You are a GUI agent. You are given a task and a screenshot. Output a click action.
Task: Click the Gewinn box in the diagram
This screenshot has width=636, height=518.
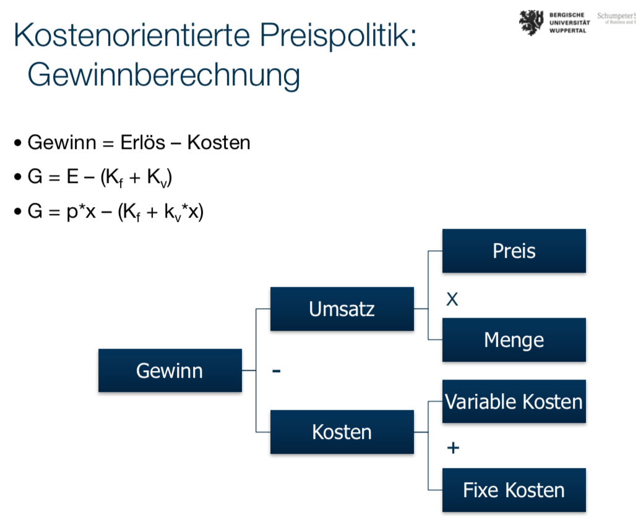170,371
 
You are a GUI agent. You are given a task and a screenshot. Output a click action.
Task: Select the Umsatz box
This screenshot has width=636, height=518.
342,308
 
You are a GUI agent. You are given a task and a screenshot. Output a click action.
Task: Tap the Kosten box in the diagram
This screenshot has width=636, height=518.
342,431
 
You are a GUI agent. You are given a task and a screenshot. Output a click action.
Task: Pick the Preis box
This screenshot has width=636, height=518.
514,251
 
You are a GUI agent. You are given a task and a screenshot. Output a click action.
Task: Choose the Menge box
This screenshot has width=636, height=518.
514,340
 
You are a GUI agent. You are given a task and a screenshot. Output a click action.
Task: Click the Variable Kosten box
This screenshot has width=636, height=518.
514,402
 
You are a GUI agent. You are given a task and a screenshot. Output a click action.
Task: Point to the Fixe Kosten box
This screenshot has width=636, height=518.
514,491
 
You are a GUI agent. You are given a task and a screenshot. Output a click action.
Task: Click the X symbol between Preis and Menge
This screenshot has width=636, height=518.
452,300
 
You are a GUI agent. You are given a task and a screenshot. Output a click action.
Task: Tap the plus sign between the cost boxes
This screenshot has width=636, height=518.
453,448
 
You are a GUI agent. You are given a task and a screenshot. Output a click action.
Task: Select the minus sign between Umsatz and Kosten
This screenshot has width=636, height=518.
276,371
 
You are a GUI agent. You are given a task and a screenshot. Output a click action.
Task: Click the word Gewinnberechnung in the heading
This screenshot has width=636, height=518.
164,75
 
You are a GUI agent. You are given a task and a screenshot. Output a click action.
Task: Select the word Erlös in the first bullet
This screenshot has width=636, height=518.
142,143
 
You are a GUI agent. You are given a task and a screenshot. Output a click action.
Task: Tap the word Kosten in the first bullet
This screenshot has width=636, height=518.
218,143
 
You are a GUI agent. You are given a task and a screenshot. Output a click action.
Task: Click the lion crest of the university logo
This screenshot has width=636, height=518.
530,22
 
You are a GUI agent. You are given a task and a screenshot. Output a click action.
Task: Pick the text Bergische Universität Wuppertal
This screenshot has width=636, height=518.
569,22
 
